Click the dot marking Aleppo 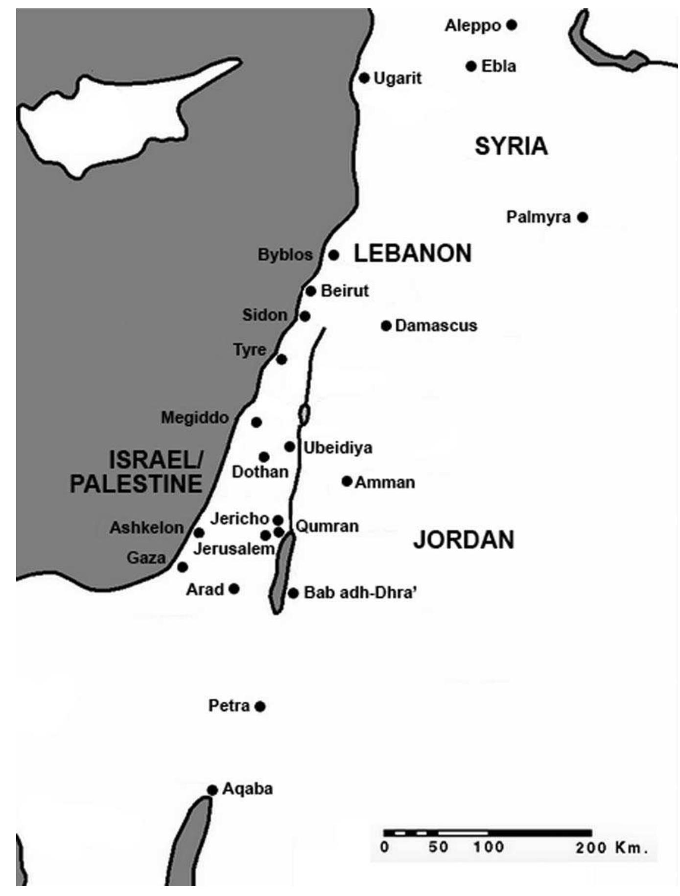512,25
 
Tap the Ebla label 498,66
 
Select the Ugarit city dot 364,78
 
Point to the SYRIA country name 511,146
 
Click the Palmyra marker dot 582,217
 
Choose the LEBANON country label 413,254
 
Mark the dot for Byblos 334,255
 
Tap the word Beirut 345,291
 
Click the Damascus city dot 386,326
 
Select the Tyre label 250,350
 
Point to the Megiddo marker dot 256,422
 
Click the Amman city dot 347,481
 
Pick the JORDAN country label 464,540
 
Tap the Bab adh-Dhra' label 360,593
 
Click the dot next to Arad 234,589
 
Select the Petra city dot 260,707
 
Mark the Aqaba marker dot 212,790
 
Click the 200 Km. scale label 611,848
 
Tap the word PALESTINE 136,484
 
